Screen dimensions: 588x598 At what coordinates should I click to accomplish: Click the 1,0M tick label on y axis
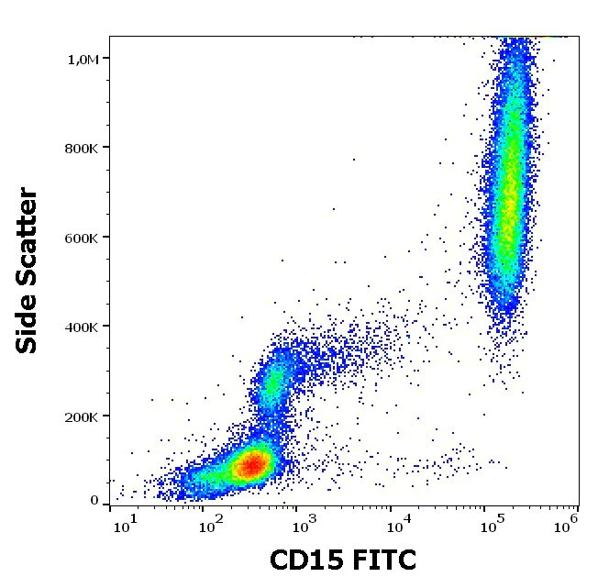coord(83,59)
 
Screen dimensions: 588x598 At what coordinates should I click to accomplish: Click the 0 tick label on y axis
coord(94,501)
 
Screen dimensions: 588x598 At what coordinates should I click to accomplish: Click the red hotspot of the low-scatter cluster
coord(250,465)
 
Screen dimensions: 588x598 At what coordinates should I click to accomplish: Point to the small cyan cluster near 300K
coord(270,381)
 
